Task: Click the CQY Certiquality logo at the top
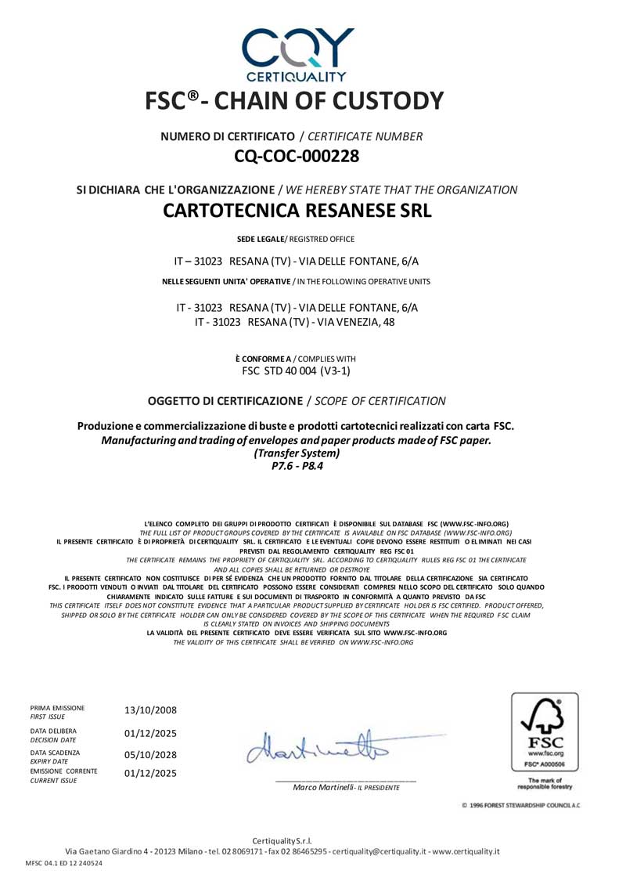click(x=297, y=53)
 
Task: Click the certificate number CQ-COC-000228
click(x=297, y=156)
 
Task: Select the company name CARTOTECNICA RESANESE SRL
click(x=297, y=211)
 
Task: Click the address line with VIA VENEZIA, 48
click(x=297, y=322)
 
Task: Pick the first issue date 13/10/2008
click(x=150, y=710)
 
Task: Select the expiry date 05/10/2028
click(x=150, y=755)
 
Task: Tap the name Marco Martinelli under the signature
click(x=324, y=787)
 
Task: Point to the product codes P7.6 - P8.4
click(x=297, y=465)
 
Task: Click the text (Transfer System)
click(x=297, y=453)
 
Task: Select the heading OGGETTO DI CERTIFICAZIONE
click(x=225, y=401)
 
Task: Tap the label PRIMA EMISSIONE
click(x=57, y=707)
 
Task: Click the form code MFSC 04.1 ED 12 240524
click(x=63, y=863)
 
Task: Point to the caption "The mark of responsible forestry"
click(x=545, y=783)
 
